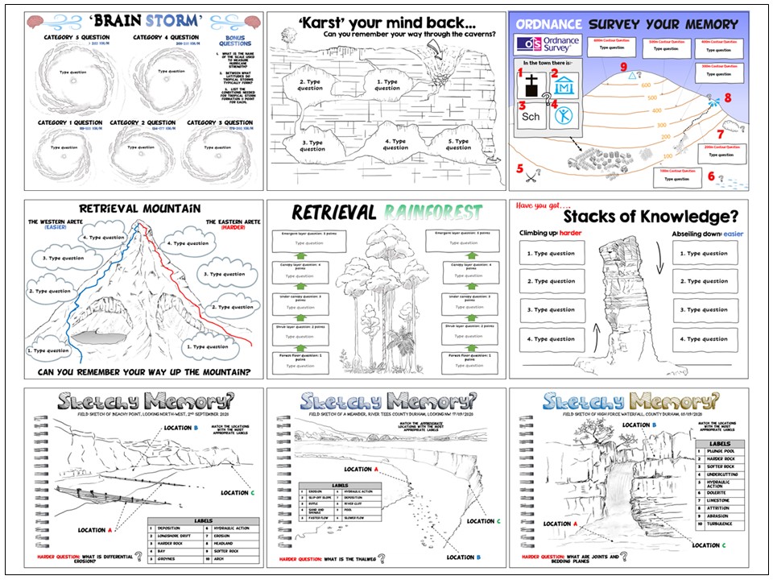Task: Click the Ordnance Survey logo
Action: [546, 43]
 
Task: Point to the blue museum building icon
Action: [564, 86]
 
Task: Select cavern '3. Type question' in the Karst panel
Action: [312, 145]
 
